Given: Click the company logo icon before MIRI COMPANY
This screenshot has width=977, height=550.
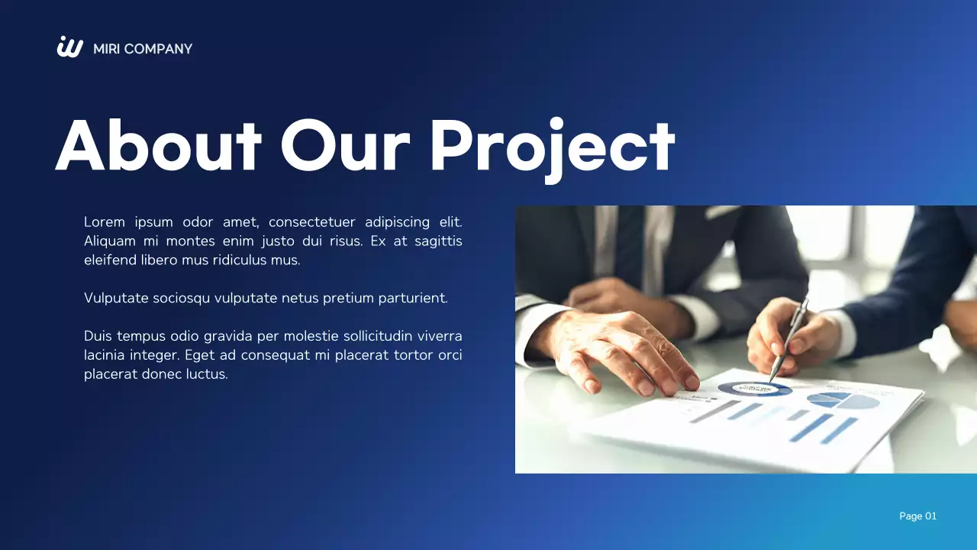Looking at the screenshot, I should pyautogui.click(x=69, y=47).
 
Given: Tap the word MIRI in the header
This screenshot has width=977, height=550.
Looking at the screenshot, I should pyautogui.click(x=106, y=49).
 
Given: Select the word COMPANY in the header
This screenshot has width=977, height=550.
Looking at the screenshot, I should pyautogui.click(x=158, y=49).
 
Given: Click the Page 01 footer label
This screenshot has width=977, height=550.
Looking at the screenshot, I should pyautogui.click(x=917, y=516).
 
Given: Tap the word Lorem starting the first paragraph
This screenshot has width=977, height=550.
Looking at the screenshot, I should pyautogui.click(x=104, y=222).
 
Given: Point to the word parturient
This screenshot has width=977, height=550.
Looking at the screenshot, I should pyautogui.click(x=413, y=298).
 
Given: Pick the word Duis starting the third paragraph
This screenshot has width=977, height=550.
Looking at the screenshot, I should pyautogui.click(x=98, y=336).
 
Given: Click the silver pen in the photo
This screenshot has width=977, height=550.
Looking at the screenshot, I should pyautogui.click(x=789, y=336).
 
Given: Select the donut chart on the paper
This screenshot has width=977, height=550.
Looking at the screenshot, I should pyautogui.click(x=754, y=389).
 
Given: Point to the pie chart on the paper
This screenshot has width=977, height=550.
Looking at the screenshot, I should pyautogui.click(x=843, y=400).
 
